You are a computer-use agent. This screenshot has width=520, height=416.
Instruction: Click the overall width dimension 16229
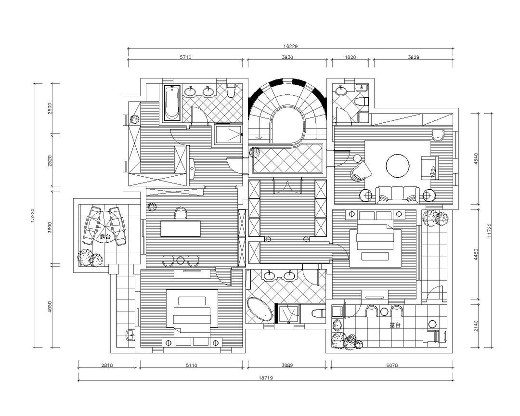(291, 46)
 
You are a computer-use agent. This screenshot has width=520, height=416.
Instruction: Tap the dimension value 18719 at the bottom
(266, 378)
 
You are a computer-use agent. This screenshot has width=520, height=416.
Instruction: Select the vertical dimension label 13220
(32, 215)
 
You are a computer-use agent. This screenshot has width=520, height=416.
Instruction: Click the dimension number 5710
(186, 57)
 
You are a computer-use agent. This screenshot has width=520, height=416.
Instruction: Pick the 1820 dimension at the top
(350, 57)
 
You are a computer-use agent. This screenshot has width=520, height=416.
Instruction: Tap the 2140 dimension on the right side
(477, 325)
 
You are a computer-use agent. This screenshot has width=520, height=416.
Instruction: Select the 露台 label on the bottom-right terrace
(395, 325)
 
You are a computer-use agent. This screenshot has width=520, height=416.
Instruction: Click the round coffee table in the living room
(397, 165)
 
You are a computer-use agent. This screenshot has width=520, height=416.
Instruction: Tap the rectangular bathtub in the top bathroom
(172, 103)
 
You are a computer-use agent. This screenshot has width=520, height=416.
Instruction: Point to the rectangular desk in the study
(181, 229)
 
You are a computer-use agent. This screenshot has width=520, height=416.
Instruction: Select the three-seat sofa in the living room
(397, 195)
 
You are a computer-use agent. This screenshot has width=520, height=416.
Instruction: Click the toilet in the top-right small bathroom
(362, 101)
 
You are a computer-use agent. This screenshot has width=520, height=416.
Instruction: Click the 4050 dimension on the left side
(50, 307)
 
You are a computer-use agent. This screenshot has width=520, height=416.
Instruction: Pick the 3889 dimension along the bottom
(287, 365)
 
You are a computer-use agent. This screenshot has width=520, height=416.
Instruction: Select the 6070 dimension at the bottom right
(392, 365)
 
